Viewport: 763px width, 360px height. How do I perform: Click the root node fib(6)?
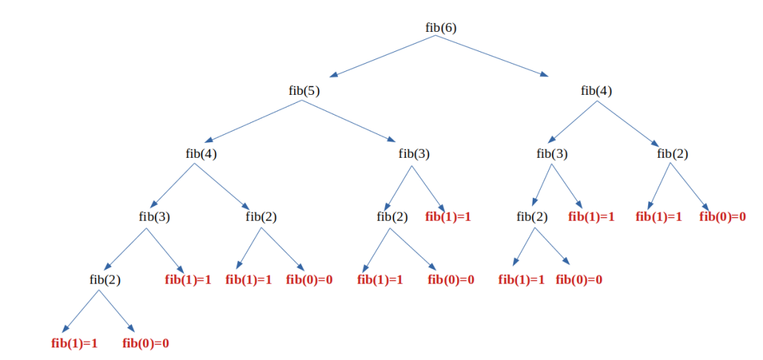point(441,27)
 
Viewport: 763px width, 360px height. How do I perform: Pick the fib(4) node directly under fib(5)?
point(201,154)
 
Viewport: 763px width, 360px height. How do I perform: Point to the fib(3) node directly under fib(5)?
point(413,154)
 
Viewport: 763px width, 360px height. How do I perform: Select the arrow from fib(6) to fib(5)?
point(382,56)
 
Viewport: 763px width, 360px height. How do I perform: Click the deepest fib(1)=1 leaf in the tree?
point(74,343)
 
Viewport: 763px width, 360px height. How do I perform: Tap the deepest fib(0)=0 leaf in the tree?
point(145,343)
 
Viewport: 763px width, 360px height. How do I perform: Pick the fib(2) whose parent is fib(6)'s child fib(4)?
point(672,154)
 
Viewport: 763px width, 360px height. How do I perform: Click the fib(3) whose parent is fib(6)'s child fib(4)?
point(551,154)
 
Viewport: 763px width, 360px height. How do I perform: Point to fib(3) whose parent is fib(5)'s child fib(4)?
point(154,217)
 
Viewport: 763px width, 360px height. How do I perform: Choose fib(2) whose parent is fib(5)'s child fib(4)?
point(261,217)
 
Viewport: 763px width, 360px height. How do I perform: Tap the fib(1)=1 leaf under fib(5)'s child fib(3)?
point(448,217)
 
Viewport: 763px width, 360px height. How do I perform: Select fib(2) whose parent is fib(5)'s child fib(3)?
point(392,217)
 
